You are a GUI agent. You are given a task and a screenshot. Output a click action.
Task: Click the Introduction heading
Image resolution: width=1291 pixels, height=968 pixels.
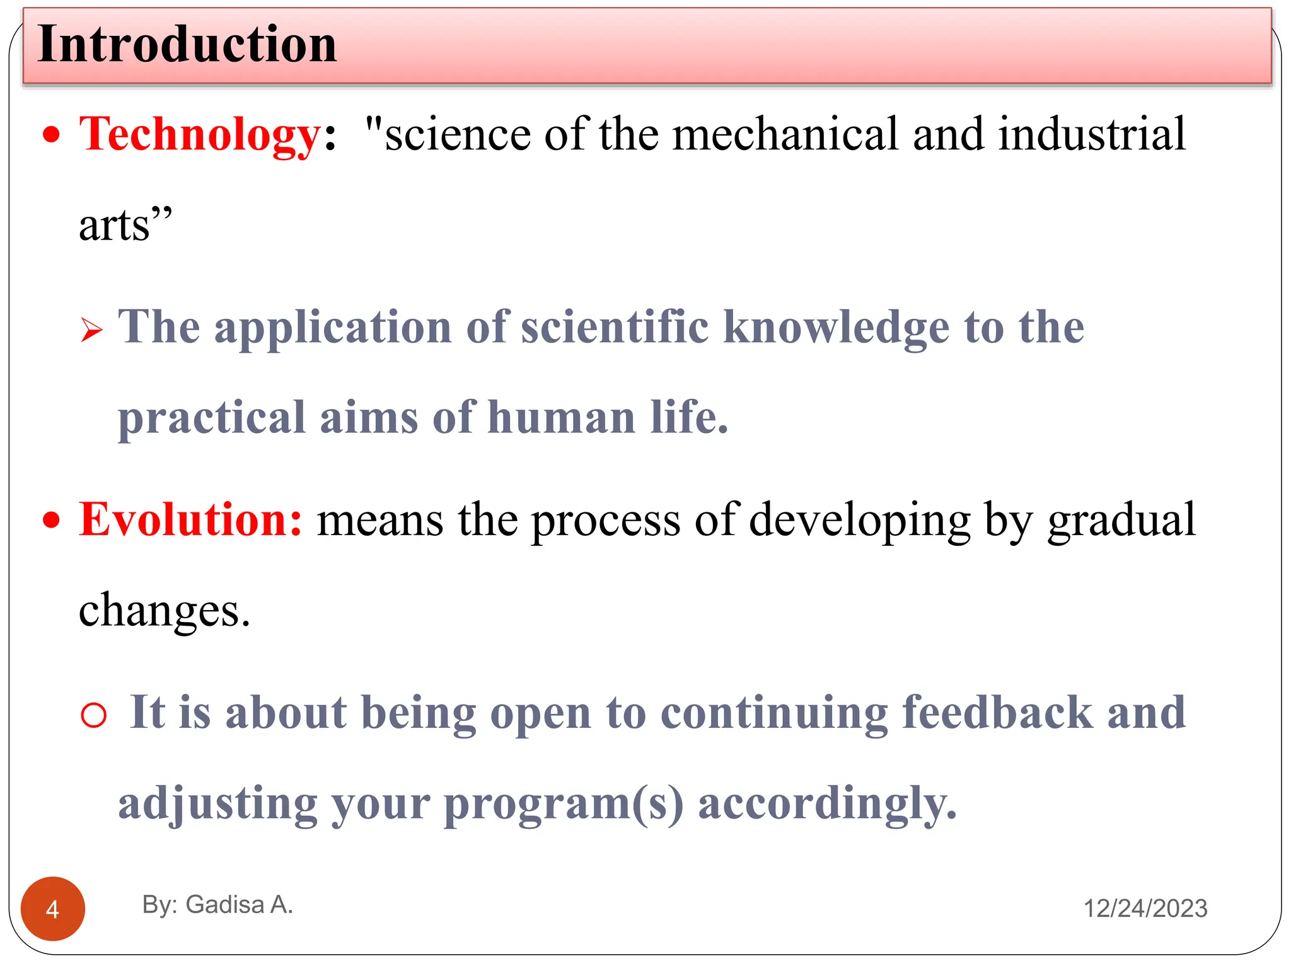187,44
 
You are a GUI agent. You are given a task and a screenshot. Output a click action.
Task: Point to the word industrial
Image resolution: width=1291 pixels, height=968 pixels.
1092,134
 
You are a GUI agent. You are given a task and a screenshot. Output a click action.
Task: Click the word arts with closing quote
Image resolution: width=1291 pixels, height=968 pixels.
125,225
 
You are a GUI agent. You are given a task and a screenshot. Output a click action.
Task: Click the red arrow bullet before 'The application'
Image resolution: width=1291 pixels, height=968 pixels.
91,330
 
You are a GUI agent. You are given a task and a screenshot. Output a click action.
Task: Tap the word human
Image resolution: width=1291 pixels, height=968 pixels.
562,418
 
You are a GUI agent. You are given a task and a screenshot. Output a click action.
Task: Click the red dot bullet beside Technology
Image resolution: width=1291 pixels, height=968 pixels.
52,135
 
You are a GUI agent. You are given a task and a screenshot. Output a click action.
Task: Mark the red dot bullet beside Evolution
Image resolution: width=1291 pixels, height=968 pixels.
52,521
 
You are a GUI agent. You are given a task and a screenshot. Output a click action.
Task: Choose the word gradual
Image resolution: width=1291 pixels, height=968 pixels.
1121,521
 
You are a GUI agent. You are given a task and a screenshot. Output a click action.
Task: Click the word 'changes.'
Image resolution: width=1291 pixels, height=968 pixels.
165,610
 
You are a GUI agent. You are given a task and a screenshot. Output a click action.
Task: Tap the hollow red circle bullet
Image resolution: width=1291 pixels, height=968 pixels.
94,715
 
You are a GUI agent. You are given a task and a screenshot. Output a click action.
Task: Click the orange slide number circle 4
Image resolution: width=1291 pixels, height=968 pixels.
53,909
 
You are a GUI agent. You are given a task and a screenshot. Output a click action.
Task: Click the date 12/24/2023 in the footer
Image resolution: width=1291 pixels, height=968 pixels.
1145,908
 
